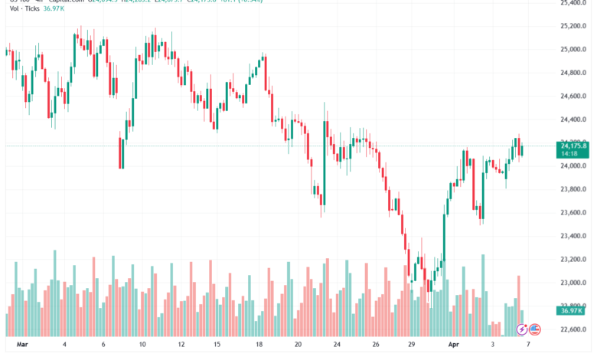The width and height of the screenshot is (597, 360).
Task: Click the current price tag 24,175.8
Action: point(573,146)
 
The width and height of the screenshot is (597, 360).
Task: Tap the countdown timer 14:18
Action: point(569,153)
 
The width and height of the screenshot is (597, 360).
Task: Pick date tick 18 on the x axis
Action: point(258,345)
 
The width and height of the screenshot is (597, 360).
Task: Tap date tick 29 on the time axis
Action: point(410,345)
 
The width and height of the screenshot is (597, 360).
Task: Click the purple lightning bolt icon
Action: point(522,329)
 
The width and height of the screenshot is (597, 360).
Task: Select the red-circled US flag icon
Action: point(535,329)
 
